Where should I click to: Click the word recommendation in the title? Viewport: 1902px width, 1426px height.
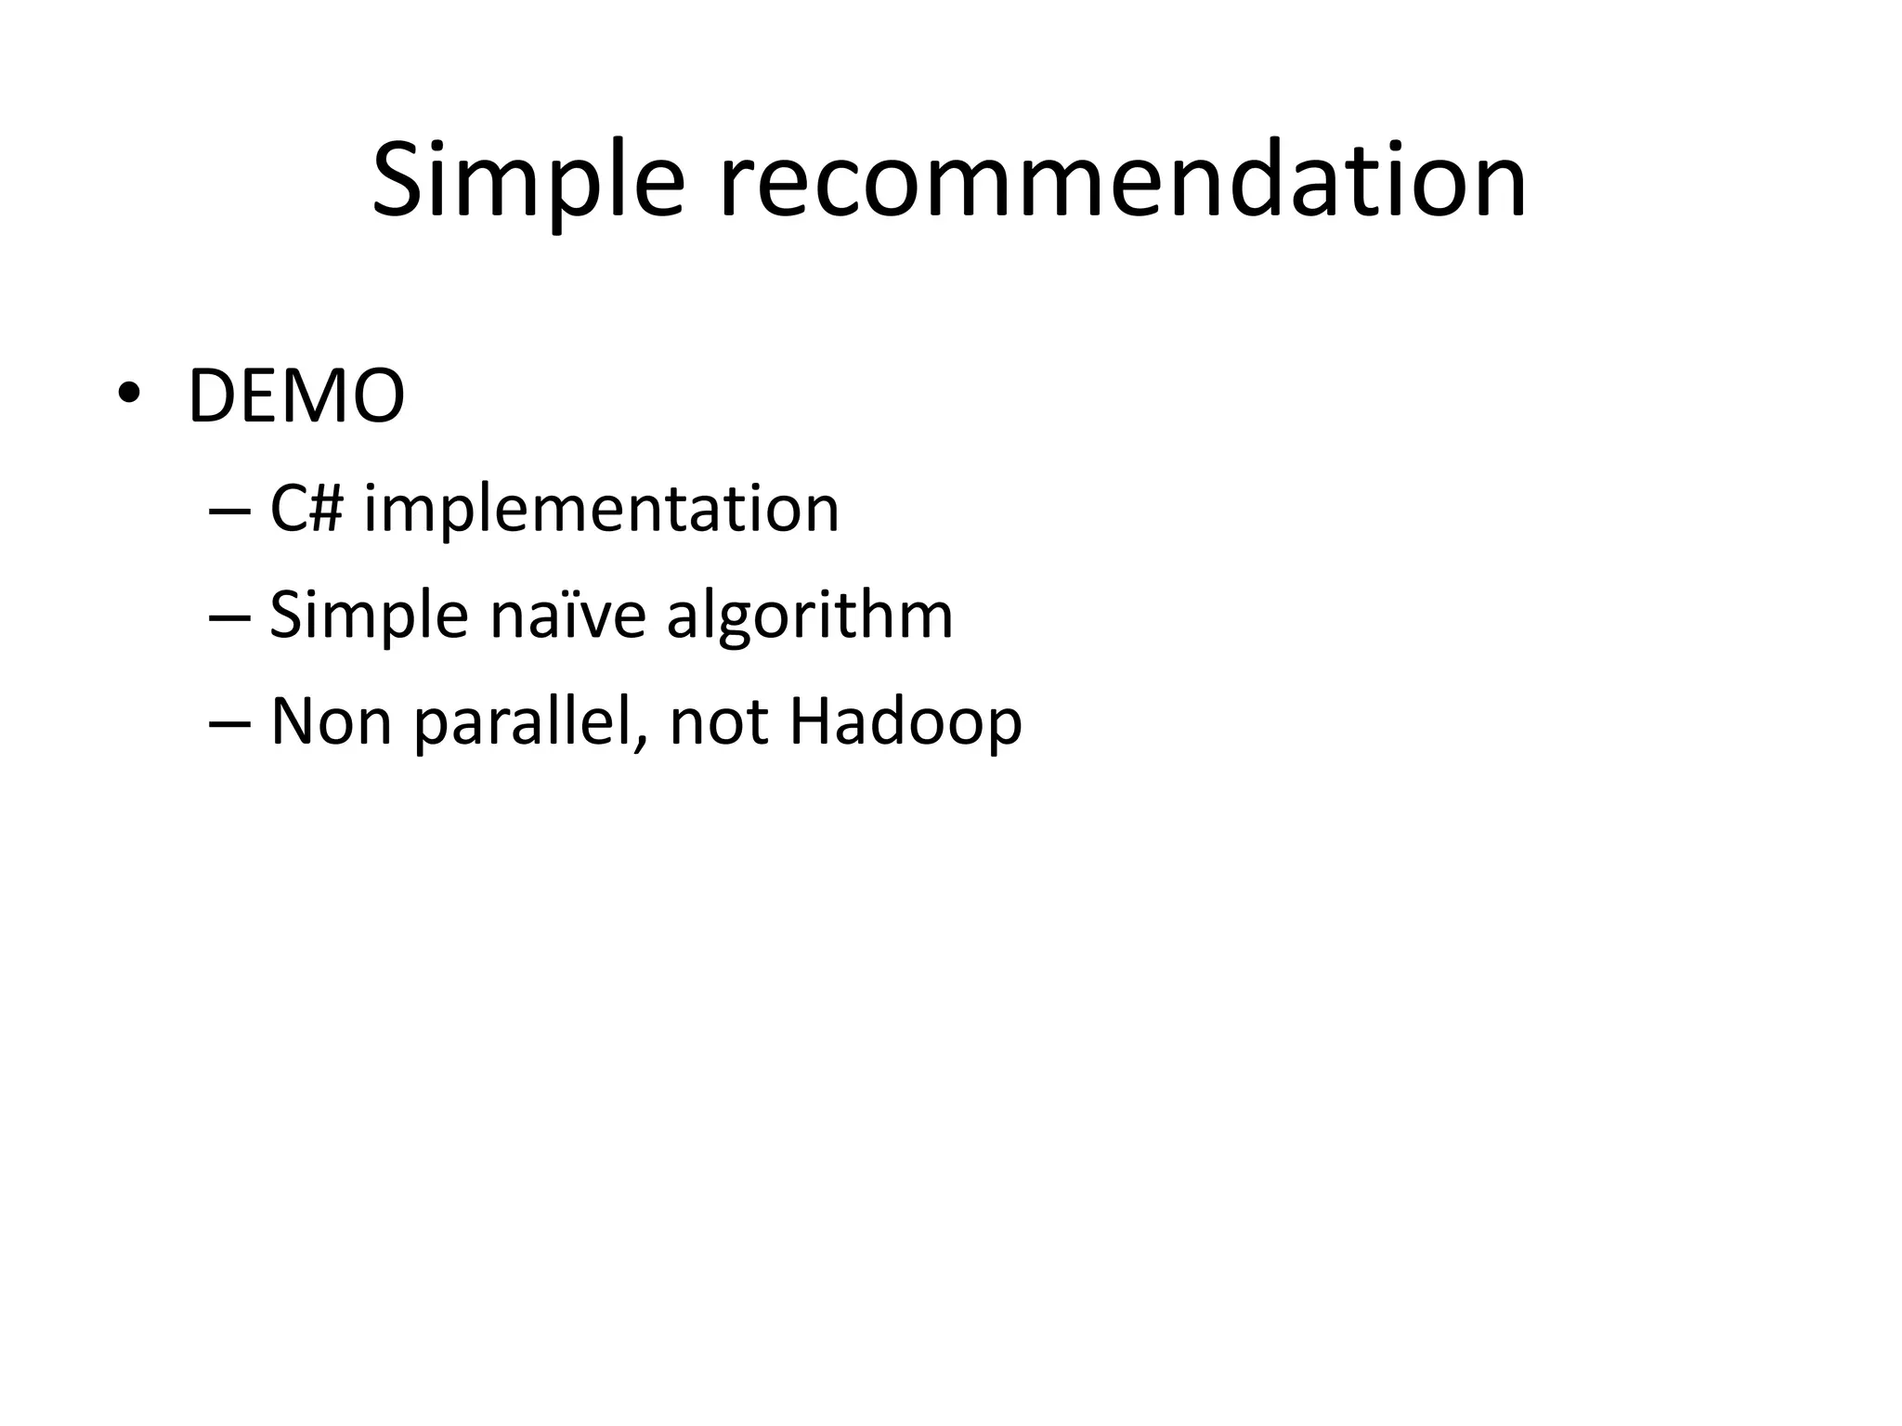click(x=1123, y=181)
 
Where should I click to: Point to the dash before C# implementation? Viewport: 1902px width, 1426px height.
click(x=229, y=511)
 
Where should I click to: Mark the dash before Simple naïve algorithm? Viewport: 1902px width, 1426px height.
click(x=229, y=617)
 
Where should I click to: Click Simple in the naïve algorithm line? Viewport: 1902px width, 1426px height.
click(x=368, y=616)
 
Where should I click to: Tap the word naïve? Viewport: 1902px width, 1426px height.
click(x=567, y=616)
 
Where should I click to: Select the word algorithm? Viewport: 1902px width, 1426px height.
click(x=810, y=616)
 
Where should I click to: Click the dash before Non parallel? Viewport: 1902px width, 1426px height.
click(x=229, y=724)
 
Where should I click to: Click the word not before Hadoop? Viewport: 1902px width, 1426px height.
click(x=719, y=723)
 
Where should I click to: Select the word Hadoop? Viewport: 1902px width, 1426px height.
click(x=905, y=721)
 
